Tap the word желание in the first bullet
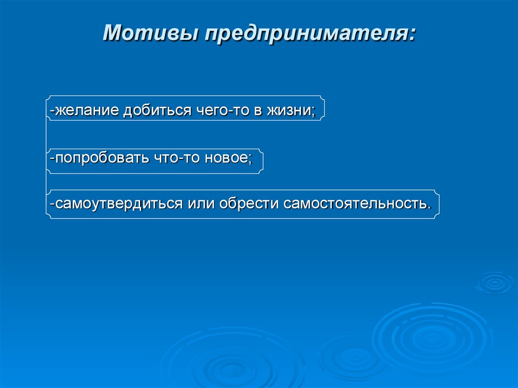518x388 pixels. (x=86, y=111)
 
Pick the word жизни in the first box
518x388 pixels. (x=291, y=111)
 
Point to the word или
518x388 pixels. (x=202, y=204)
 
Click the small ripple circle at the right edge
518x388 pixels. (x=494, y=283)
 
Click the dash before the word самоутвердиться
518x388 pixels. (x=52, y=204)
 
